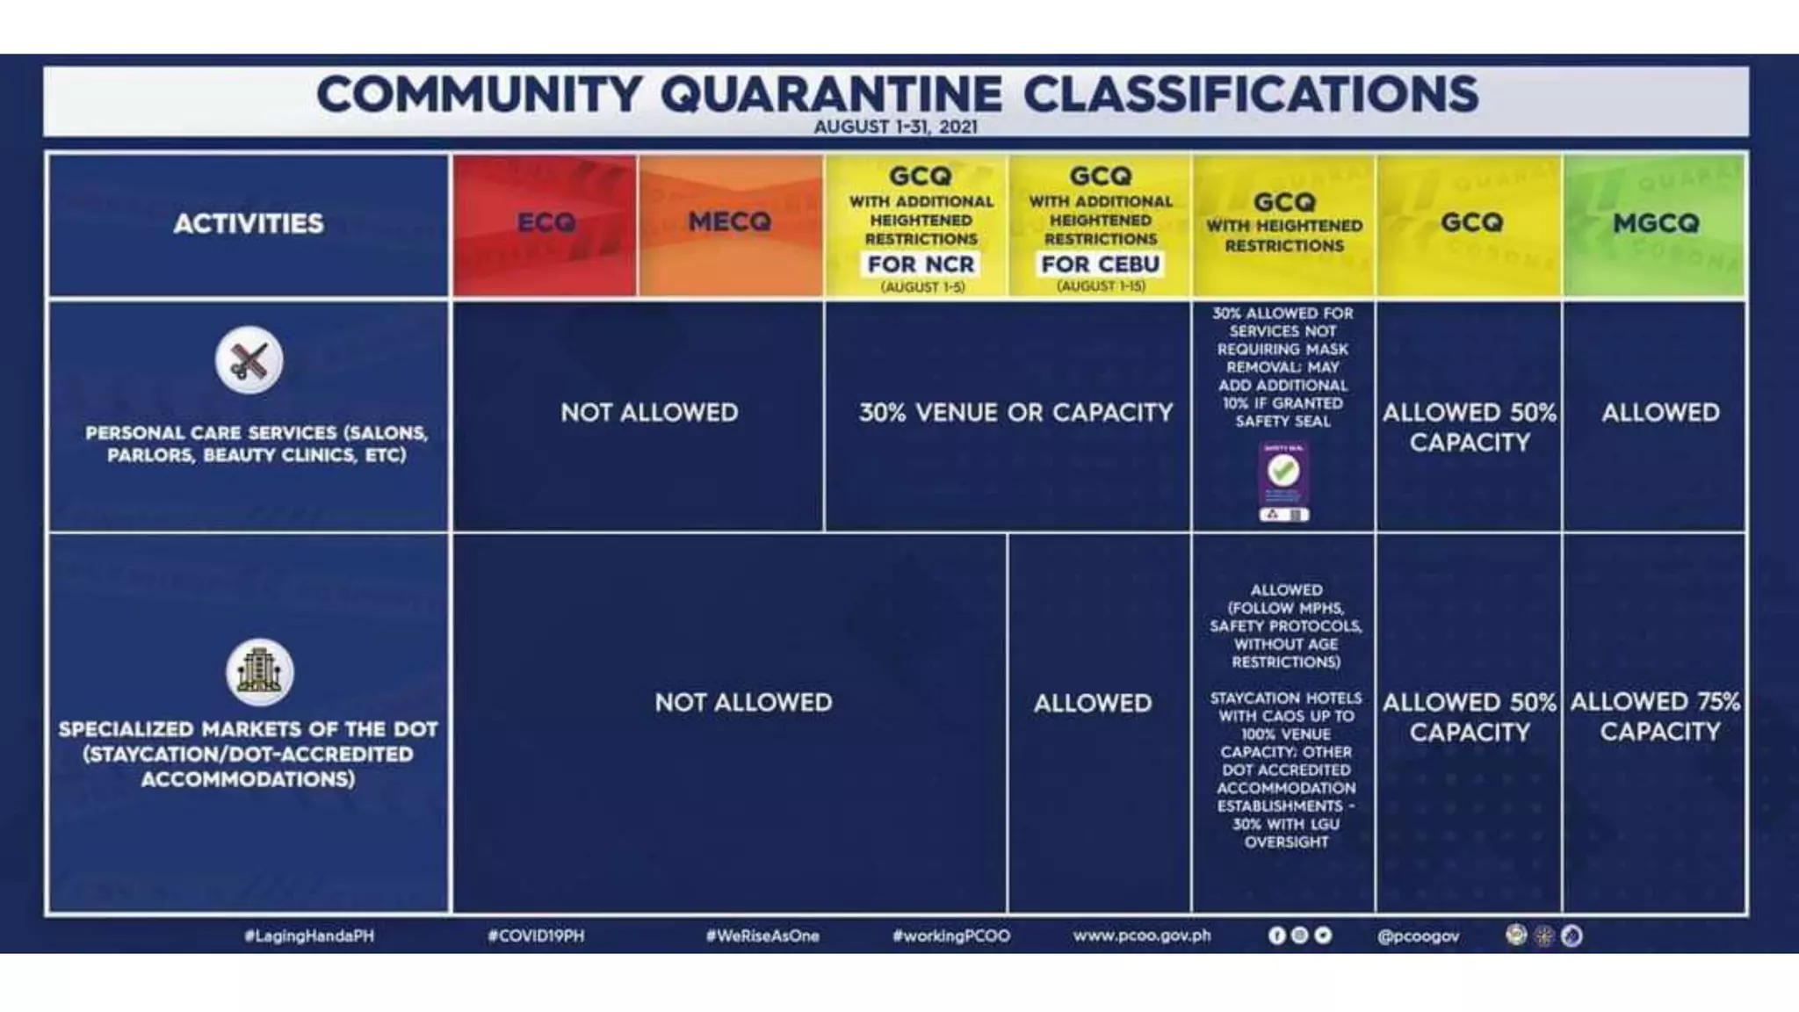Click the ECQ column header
coord(545,223)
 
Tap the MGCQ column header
coord(1656,223)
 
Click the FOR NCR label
coord(921,264)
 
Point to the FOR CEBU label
coord(1100,264)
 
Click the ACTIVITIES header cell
coord(249,224)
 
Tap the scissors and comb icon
coord(249,360)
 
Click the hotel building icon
coord(259,672)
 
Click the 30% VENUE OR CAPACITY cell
coord(1015,412)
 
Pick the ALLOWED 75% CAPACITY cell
coord(1655,716)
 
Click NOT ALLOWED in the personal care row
coord(649,412)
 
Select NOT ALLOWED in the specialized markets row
coord(743,703)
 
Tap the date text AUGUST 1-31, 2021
coord(895,126)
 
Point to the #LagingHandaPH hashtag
coord(309,936)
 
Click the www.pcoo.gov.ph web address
coord(1141,936)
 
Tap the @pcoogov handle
coord(1418,936)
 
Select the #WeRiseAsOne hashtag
coord(762,936)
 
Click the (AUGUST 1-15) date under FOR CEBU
coord(1101,286)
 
